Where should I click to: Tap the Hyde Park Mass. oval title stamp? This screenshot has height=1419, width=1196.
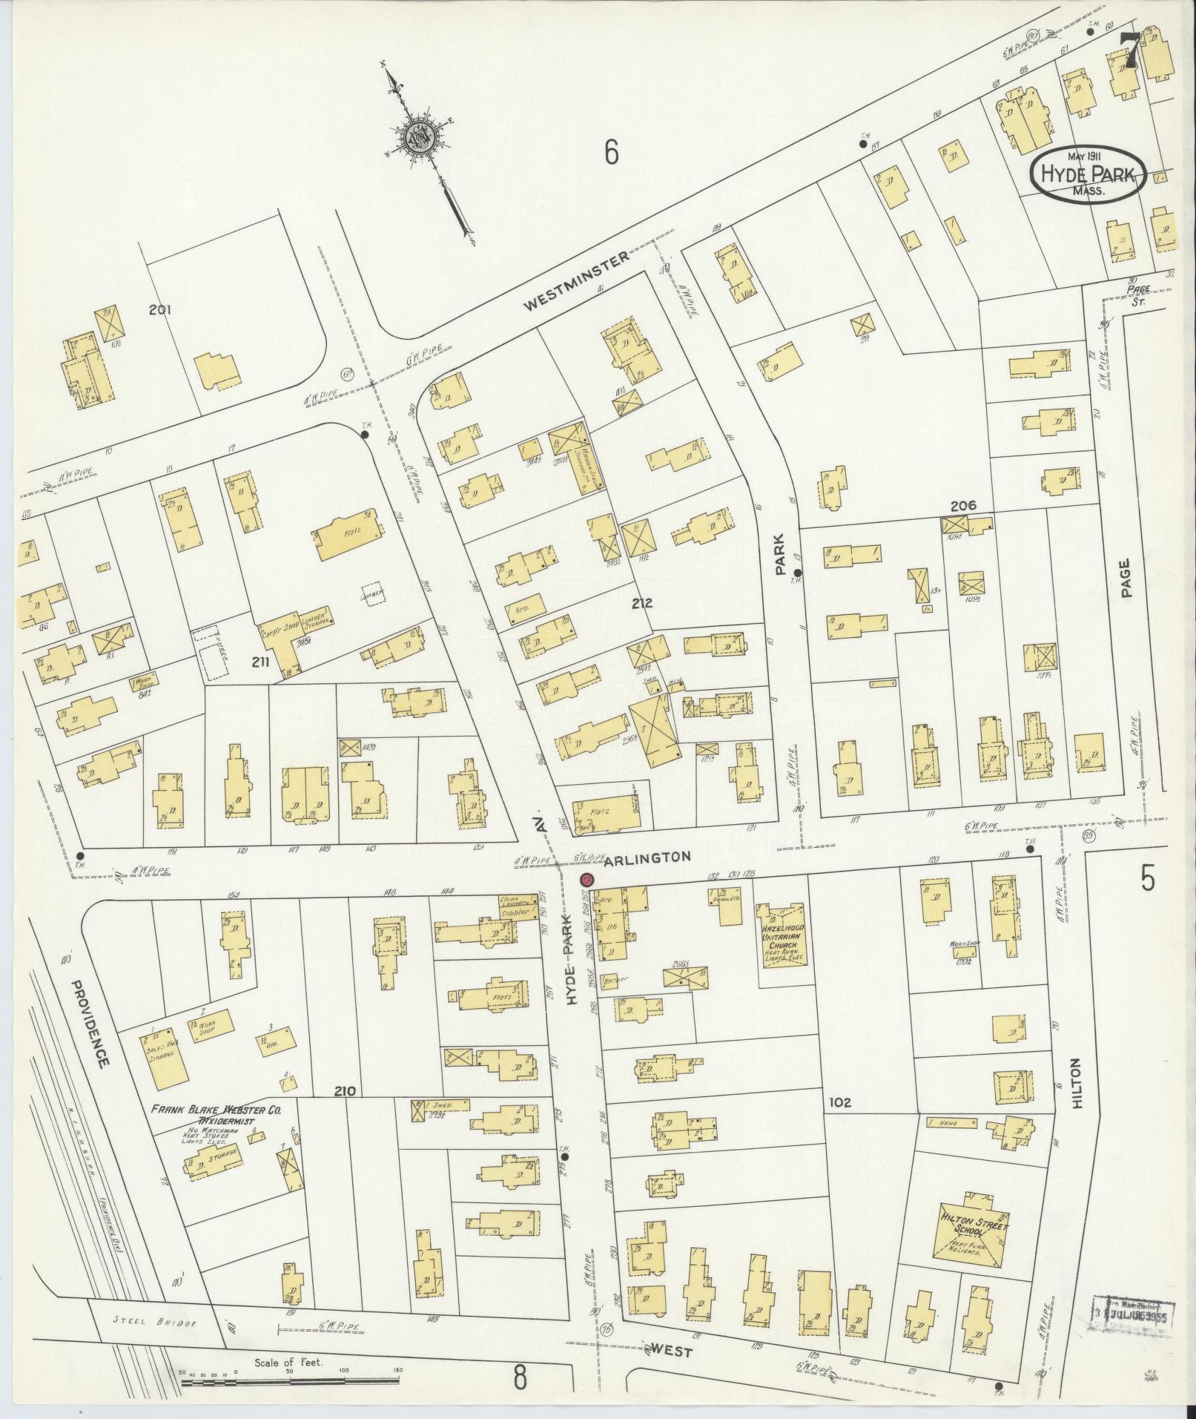(1087, 175)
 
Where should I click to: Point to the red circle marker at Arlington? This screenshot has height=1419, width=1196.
(586, 880)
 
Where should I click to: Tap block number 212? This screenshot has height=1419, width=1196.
(641, 603)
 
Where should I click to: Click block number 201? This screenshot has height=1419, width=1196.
(159, 309)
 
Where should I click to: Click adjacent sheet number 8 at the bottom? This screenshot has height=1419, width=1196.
(520, 1378)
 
